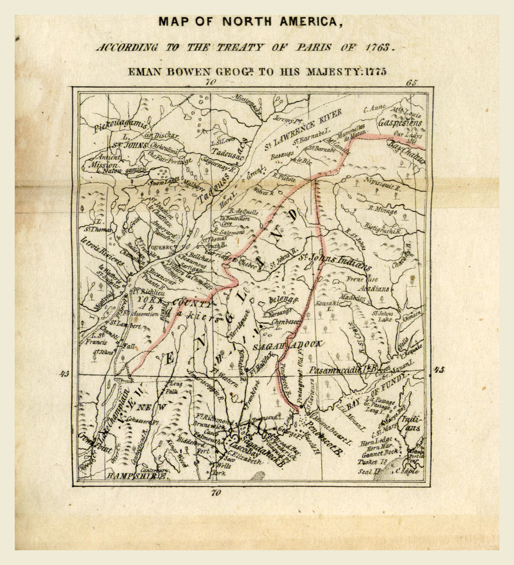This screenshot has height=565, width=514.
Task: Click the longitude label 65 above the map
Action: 412,82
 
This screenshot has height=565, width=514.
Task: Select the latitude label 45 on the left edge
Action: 65,374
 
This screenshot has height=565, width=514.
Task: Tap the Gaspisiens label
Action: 400,123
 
